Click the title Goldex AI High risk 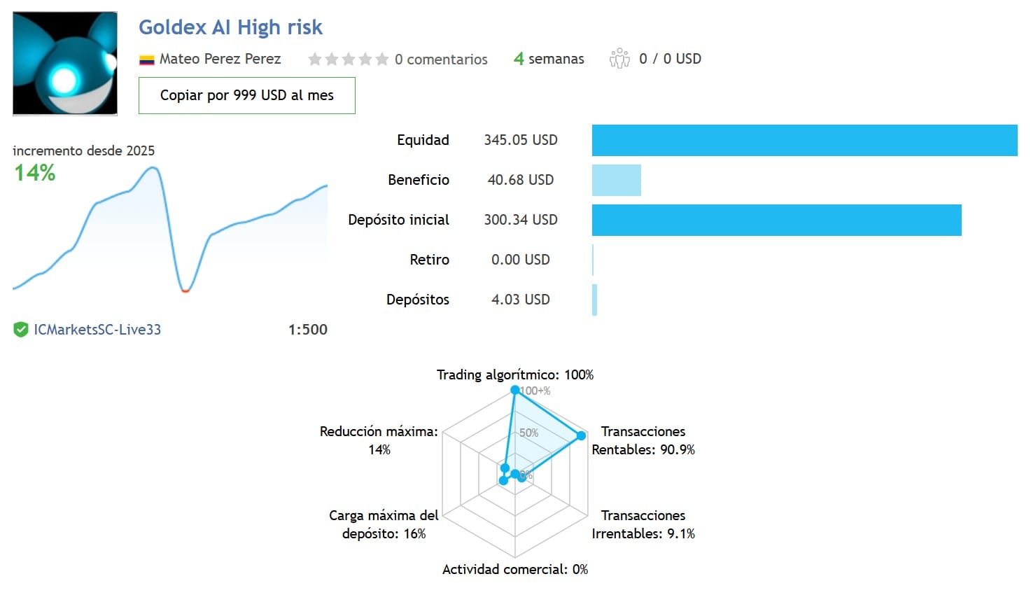pyautogui.click(x=230, y=27)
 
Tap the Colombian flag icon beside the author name pyautogui.click(x=147, y=59)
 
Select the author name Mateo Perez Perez pyautogui.click(x=220, y=59)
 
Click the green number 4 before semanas pyautogui.click(x=519, y=59)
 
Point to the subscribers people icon pyautogui.click(x=619, y=59)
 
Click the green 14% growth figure pyautogui.click(x=34, y=173)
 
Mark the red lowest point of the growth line pyautogui.click(x=185, y=291)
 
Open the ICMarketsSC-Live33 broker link pyautogui.click(x=97, y=330)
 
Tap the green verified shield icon pyautogui.click(x=21, y=330)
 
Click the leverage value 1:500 pyautogui.click(x=307, y=330)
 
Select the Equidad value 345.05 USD pyautogui.click(x=521, y=140)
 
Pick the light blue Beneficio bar pyautogui.click(x=617, y=180)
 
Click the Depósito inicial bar pyautogui.click(x=776, y=220)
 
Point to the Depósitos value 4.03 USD pyautogui.click(x=521, y=300)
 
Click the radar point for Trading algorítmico pyautogui.click(x=515, y=391)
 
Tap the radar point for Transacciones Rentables pyautogui.click(x=582, y=435)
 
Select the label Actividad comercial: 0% pyautogui.click(x=515, y=570)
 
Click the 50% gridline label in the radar pyautogui.click(x=529, y=433)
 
